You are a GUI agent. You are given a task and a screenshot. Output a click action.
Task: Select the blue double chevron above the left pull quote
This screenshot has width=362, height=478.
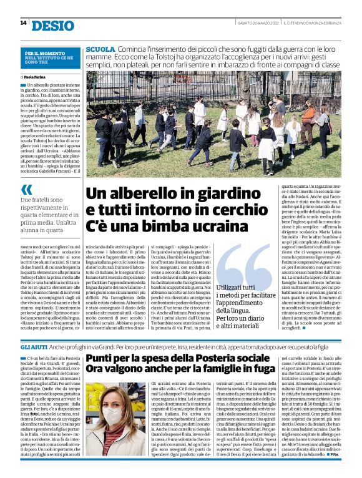tap(27, 190)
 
